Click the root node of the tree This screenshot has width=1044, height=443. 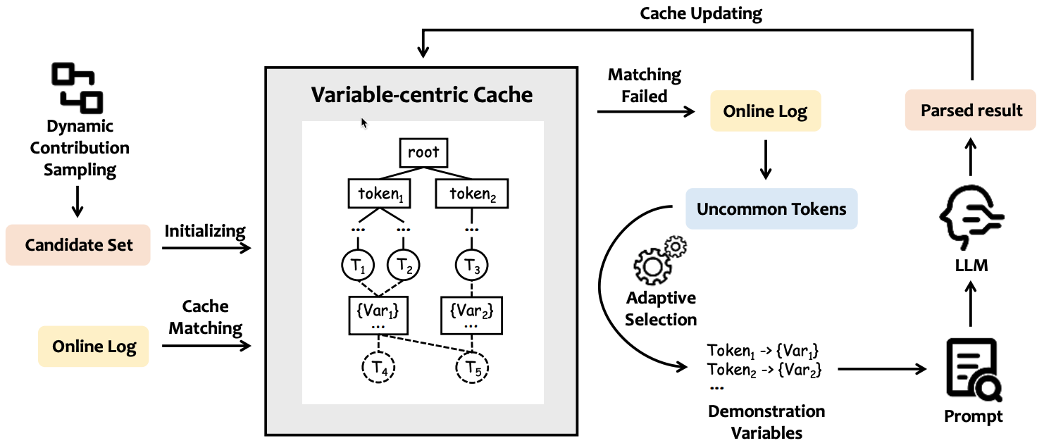pyautogui.click(x=423, y=151)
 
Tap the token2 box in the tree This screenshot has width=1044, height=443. pyautogui.click(x=472, y=194)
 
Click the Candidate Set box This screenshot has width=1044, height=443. pyautogui.click(x=77, y=245)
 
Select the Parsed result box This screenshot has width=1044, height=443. pyautogui.click(x=971, y=111)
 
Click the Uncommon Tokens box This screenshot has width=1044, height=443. pyautogui.click(x=771, y=208)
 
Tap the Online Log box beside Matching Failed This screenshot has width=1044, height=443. pyautogui.click(x=765, y=111)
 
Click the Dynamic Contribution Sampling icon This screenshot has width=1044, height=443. pyautogui.click(x=77, y=87)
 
